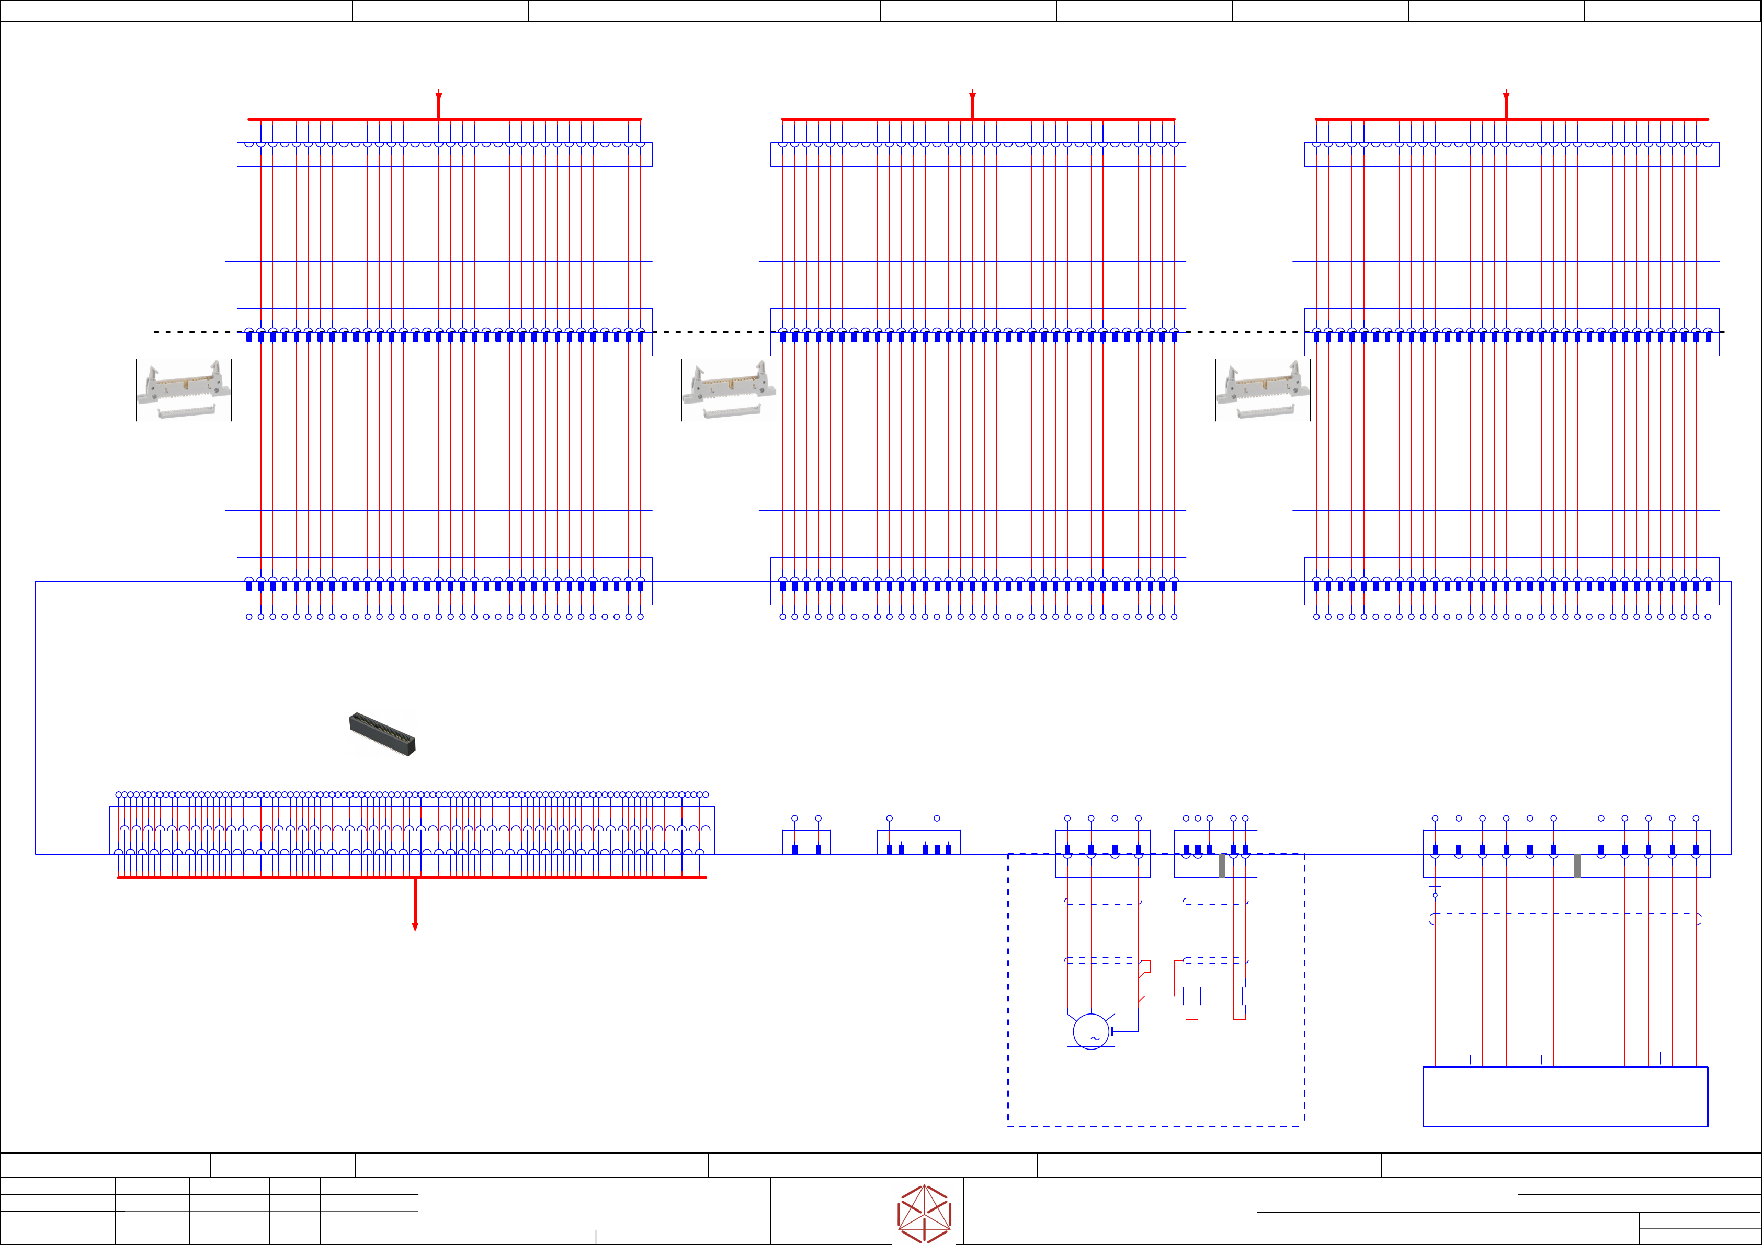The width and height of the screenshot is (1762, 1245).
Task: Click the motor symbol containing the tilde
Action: pos(1090,1031)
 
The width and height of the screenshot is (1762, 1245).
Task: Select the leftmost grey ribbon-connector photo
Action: pos(184,390)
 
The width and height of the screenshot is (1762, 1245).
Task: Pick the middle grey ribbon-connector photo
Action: pos(729,390)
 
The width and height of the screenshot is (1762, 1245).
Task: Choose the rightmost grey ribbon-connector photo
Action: pos(1263,390)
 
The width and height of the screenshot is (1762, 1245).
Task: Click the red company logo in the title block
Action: pos(925,1214)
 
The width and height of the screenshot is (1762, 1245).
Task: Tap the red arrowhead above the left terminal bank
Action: pos(439,97)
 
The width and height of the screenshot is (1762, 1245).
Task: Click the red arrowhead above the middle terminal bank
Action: pos(972,97)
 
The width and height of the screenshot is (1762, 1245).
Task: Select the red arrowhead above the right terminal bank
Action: pos(1506,97)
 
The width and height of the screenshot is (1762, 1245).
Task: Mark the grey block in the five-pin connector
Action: pos(1222,866)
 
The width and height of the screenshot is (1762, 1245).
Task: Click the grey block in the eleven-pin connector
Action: pos(1577,866)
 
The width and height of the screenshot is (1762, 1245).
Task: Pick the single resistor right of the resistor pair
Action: pos(1245,996)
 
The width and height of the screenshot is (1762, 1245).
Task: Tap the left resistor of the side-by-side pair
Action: pos(1186,996)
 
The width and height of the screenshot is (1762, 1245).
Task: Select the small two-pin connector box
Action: pos(806,841)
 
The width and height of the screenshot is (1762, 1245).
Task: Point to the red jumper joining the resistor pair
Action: pos(1192,1019)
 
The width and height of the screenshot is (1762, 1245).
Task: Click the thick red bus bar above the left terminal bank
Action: pos(445,119)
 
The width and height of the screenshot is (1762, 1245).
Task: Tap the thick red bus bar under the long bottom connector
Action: pos(411,877)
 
